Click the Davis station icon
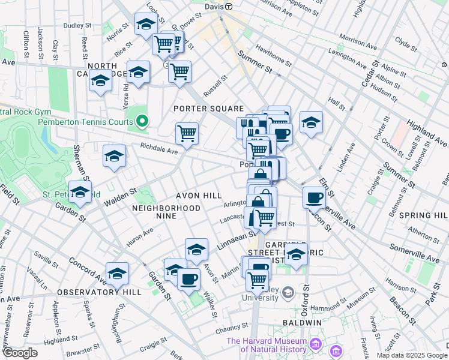228,6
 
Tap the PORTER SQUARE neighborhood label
208,109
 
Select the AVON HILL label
199,196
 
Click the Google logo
20,353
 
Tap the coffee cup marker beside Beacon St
314,197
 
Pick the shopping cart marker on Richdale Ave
187,134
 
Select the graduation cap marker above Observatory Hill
118,274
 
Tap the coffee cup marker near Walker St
188,279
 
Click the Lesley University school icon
288,292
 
